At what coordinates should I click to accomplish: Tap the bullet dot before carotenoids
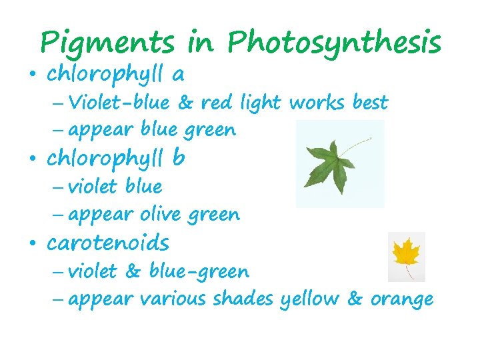click(33, 243)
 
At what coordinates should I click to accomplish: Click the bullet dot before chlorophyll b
click(33, 159)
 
